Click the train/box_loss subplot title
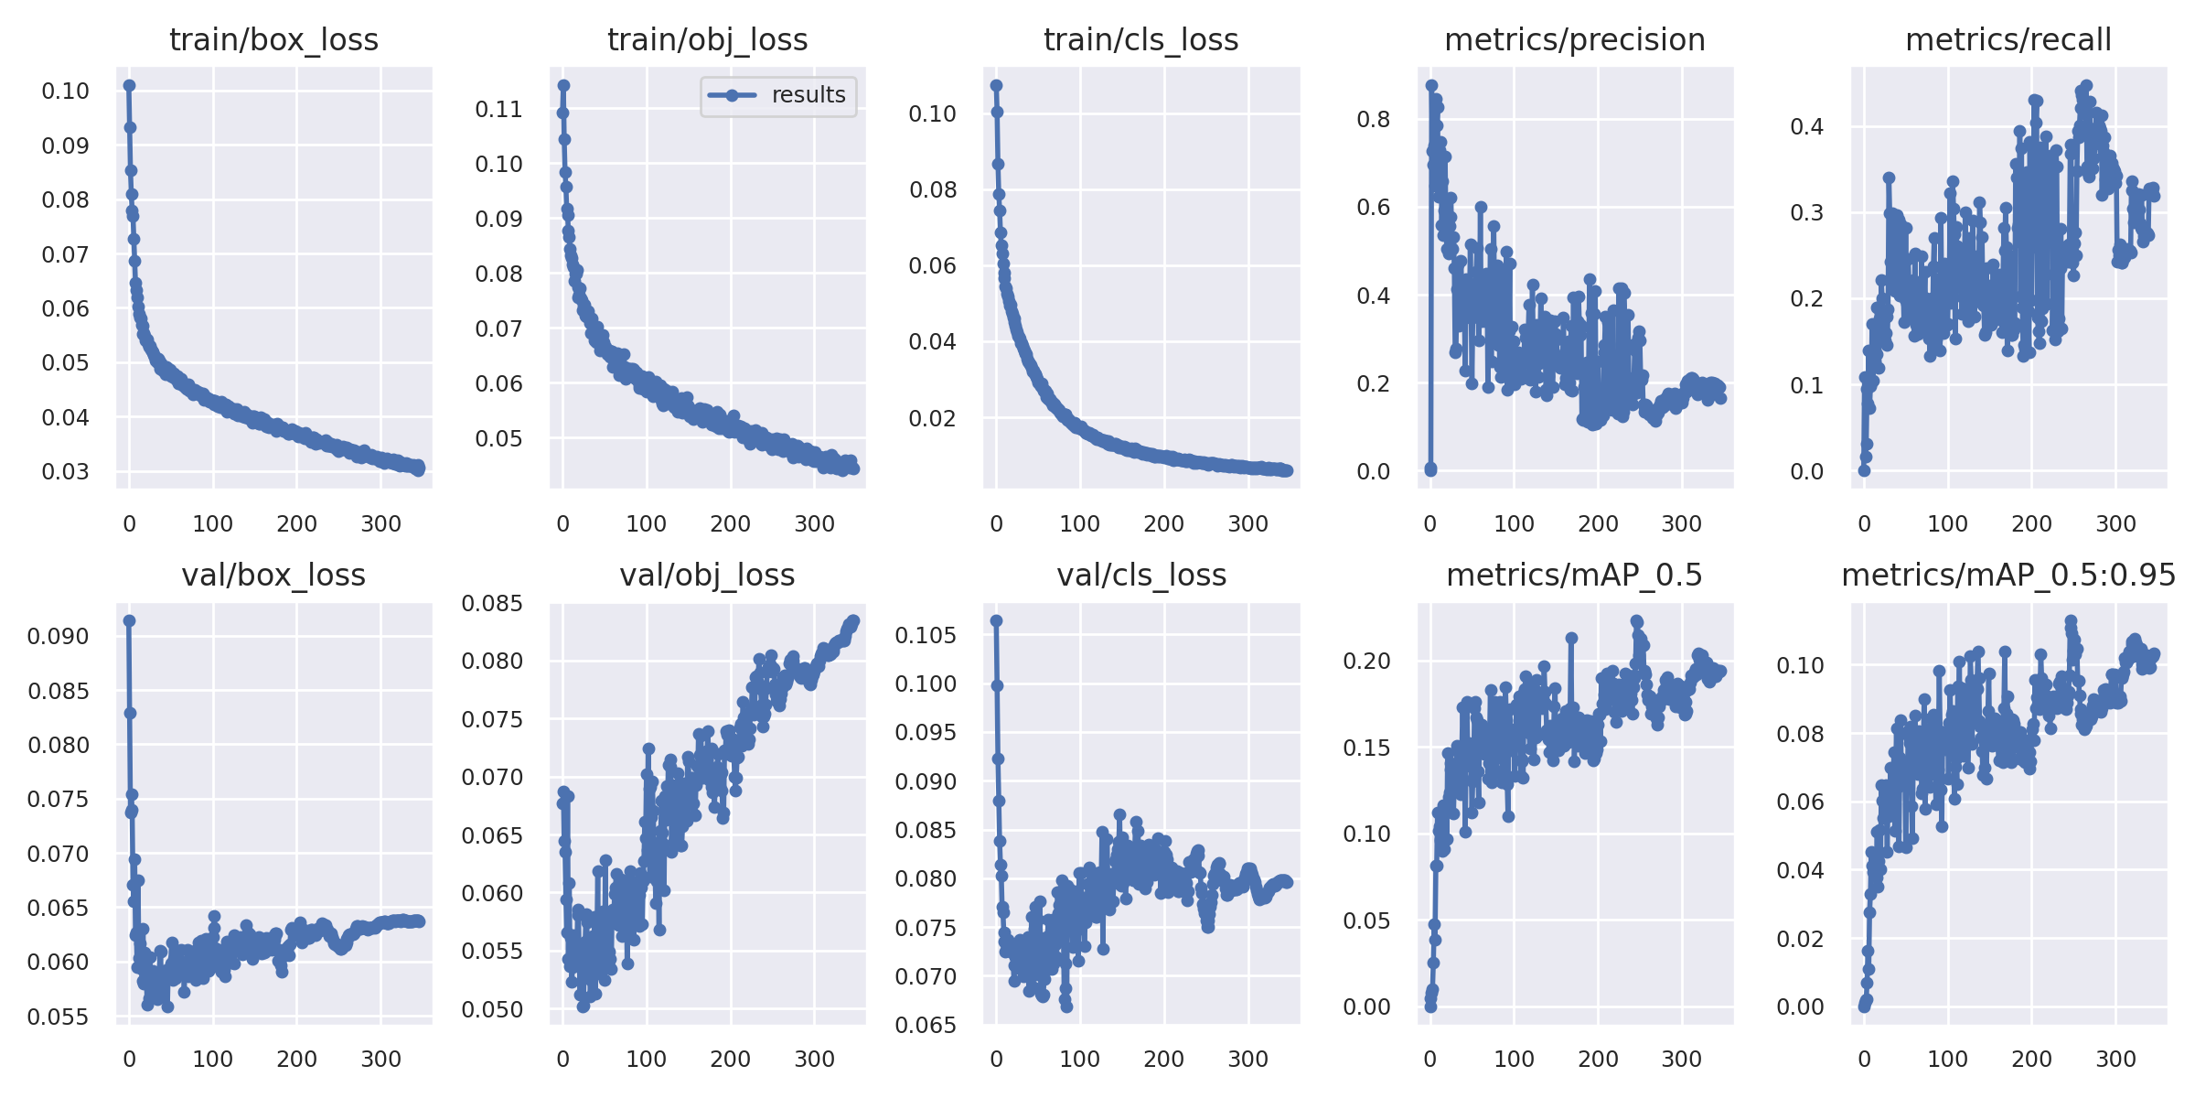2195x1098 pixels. pos(273,40)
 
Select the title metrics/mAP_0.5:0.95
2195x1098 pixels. pos(2008,576)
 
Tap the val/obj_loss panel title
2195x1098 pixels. pos(707,576)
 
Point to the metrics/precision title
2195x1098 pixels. pos(1574,40)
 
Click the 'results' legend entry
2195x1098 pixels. pos(808,95)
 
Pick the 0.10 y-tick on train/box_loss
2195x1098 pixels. pos(66,91)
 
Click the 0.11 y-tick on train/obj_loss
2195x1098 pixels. pos(498,110)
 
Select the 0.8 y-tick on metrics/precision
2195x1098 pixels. pos(1373,120)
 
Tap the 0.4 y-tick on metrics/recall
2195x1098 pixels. pos(1806,127)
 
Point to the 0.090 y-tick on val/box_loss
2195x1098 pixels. pos(59,637)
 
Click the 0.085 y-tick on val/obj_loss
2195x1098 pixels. pos(492,604)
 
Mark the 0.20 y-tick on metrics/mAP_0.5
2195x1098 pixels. pos(1366,662)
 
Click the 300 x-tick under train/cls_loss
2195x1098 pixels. pos(1247,524)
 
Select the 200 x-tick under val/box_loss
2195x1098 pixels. pos(296,1060)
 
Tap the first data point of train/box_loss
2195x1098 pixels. pos(129,86)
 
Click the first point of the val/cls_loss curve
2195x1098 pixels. pos(997,621)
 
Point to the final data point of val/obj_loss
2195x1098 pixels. pos(854,620)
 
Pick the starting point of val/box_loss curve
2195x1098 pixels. pos(129,621)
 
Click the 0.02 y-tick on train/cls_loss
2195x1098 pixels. pos(932,419)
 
